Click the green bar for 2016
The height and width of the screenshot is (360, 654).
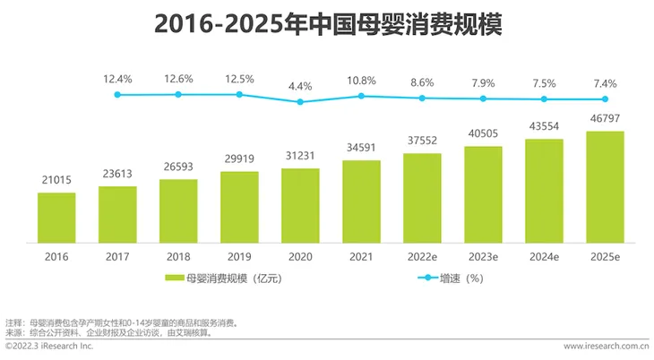tap(56, 218)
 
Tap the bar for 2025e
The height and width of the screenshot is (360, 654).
tap(605, 187)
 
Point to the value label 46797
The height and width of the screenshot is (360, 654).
tap(605, 118)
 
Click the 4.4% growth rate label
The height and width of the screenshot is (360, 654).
tap(300, 87)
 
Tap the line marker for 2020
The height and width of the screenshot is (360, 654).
tap(300, 101)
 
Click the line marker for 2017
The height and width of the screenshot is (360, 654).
tap(117, 94)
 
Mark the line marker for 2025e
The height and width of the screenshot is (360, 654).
tap(605, 99)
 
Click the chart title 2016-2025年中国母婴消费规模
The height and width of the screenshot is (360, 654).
tap(328, 24)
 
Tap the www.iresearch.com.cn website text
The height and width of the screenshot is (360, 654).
tap(606, 345)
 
